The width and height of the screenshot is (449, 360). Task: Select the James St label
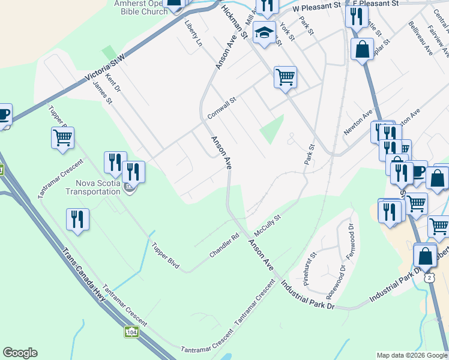103,93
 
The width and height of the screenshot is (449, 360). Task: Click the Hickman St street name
234,22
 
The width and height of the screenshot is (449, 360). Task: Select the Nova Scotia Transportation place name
98,187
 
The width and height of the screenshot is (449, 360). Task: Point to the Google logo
20,353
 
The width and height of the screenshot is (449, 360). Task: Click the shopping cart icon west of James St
62,138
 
